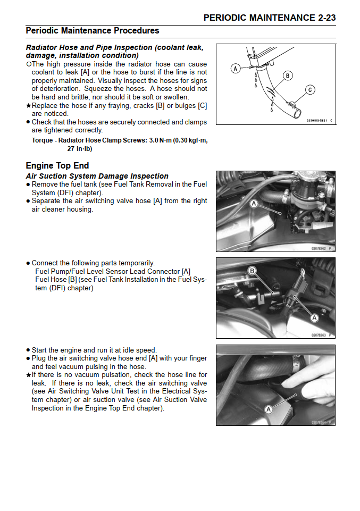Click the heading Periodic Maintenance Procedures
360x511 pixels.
pyautogui.click(x=93, y=31)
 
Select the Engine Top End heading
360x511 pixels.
pyautogui.click(x=57, y=165)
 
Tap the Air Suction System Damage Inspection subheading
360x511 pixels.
pyautogui.click(x=97, y=176)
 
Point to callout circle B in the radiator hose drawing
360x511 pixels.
pyautogui.click(x=288, y=76)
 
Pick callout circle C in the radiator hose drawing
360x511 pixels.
pyautogui.click(x=310, y=90)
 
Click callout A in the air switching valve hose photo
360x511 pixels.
pyautogui.click(x=254, y=204)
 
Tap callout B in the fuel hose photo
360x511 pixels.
pyautogui.click(x=253, y=271)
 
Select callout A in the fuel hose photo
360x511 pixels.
pyautogui.click(x=314, y=317)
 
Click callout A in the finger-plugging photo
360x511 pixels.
pyautogui.click(x=269, y=409)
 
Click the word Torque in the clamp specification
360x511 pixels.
pyautogui.click(x=42, y=141)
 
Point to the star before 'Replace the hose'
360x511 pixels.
pyautogui.click(x=28, y=106)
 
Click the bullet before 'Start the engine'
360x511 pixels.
pyautogui.click(x=28, y=350)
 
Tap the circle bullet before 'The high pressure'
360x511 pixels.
pyautogui.click(x=28, y=64)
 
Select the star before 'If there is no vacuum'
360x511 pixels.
pyautogui.click(x=28, y=375)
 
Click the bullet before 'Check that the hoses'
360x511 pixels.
pyautogui.click(x=28, y=122)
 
